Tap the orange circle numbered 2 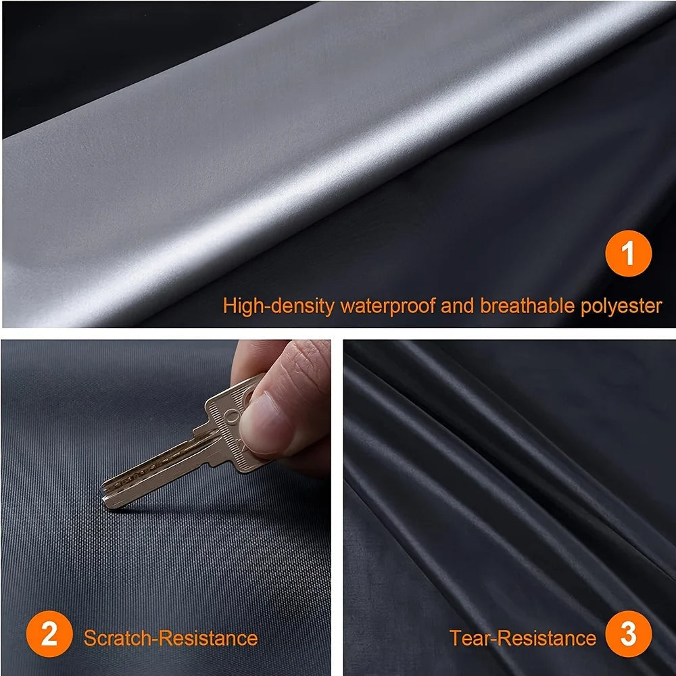(x=49, y=637)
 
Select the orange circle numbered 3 (x=628, y=637)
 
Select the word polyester (x=621, y=306)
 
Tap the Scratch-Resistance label (x=170, y=637)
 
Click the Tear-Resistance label (x=523, y=637)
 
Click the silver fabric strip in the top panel (x=270, y=169)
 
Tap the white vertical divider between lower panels (x=337, y=507)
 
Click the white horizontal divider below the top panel (x=338, y=334)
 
